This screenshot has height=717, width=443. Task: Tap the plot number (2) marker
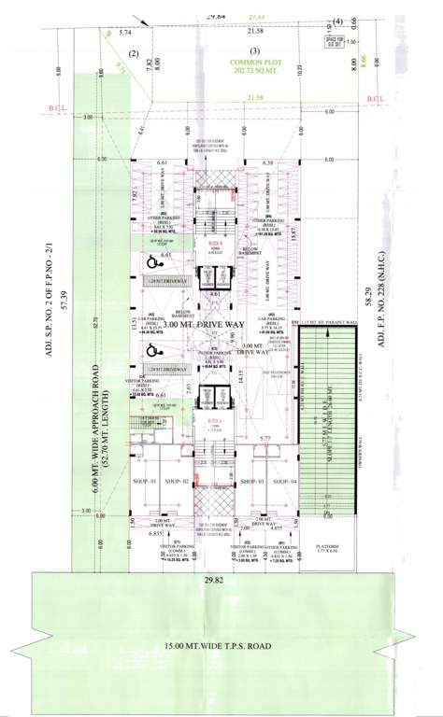click(134, 52)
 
